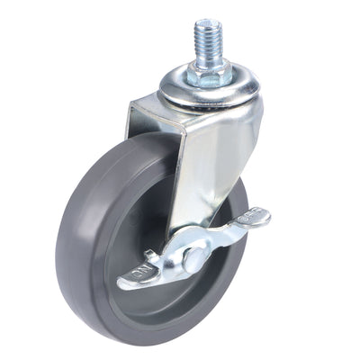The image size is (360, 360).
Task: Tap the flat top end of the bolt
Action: (209, 22)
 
